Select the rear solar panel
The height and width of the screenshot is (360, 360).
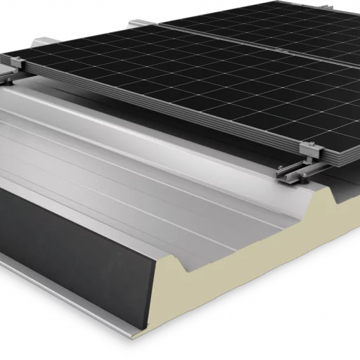click(x=281, y=28)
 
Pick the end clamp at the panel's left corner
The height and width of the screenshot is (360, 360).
click(x=14, y=67)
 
